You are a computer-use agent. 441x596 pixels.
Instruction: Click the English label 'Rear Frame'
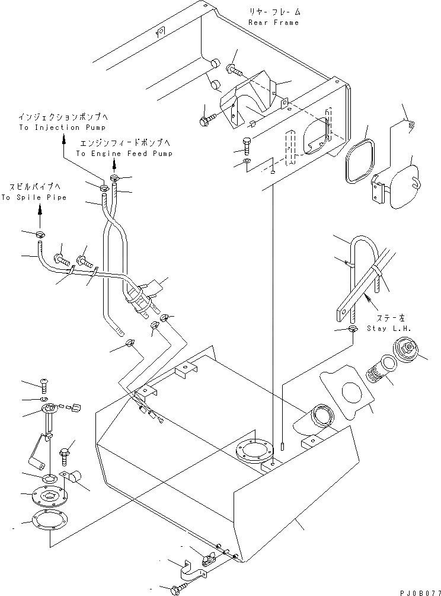click(273, 23)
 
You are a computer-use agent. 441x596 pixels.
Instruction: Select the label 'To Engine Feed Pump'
click(124, 154)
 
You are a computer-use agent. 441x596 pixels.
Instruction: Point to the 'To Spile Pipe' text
click(33, 197)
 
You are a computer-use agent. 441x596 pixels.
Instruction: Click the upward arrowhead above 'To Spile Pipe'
click(40, 208)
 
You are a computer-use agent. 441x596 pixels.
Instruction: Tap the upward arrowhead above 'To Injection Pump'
click(65, 138)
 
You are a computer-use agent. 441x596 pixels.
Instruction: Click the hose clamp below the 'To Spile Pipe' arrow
click(41, 235)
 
